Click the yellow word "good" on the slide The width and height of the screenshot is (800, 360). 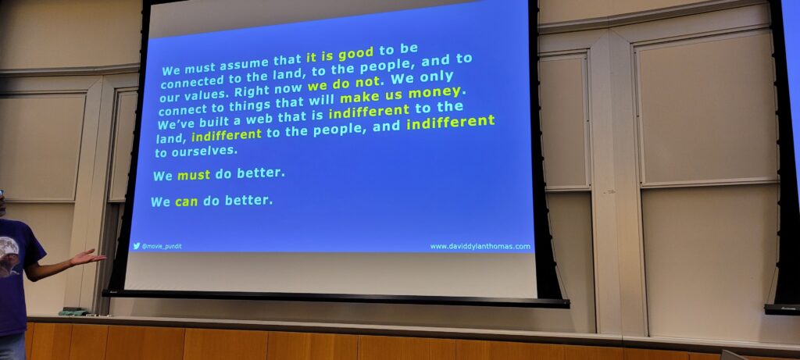point(355,54)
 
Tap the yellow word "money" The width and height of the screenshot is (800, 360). point(434,93)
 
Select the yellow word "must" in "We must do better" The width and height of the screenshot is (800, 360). point(194,176)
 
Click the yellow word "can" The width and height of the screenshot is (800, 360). point(186,202)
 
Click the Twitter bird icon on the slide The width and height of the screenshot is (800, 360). point(136,246)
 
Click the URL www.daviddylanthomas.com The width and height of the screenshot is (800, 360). point(480,246)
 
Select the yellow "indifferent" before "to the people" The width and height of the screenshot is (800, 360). point(227,135)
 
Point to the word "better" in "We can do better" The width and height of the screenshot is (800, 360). point(248,200)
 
